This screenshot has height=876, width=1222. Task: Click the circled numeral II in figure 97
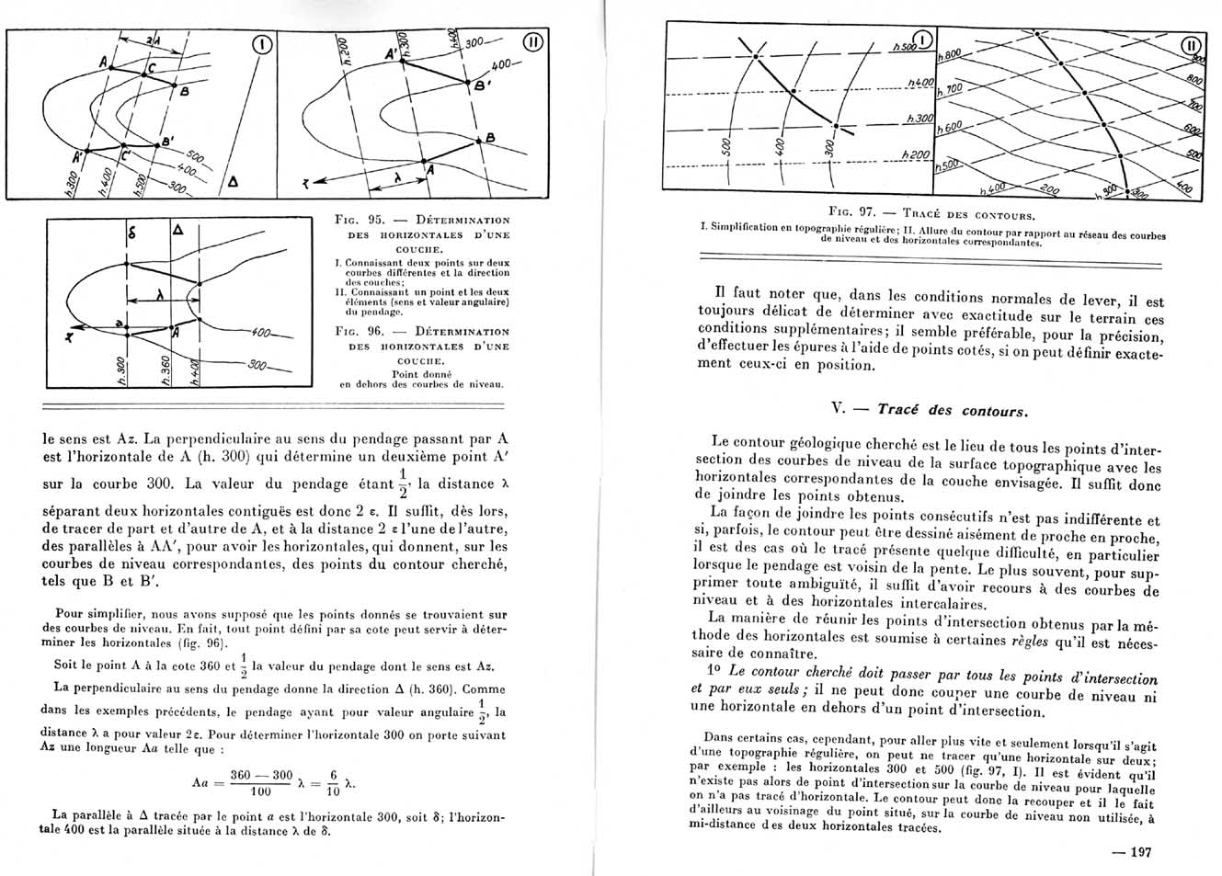1191,45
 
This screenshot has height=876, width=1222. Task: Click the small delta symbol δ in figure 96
131,234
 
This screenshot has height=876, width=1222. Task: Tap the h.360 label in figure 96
162,370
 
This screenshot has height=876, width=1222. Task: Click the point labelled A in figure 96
177,334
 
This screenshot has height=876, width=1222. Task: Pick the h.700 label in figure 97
949,90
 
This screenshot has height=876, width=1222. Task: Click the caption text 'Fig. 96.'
359,331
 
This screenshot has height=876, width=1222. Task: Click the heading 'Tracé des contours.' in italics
953,410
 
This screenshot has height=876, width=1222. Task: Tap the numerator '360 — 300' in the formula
261,775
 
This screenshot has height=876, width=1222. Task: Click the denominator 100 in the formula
261,791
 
